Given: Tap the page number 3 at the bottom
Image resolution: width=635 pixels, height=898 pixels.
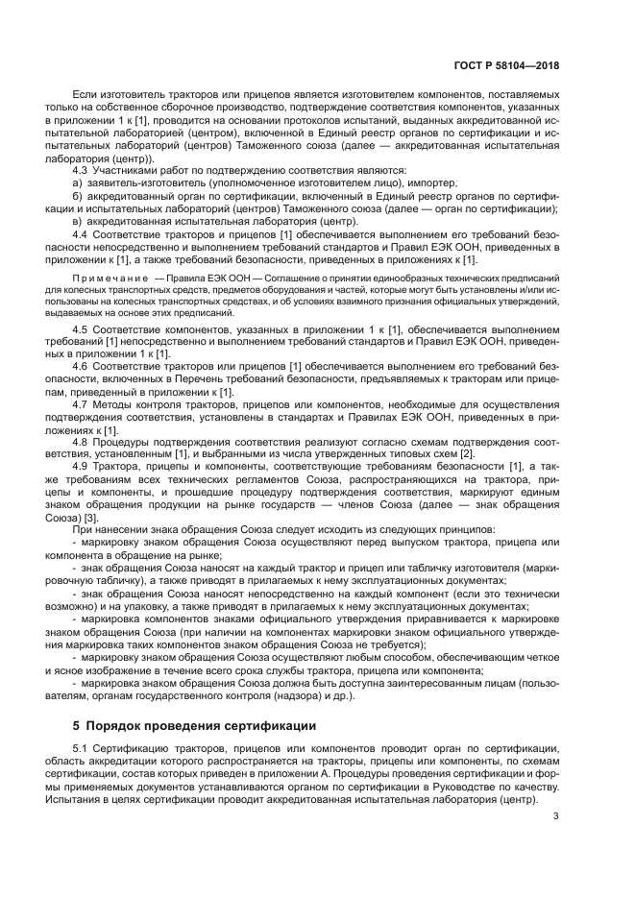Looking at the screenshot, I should [x=556, y=816].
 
